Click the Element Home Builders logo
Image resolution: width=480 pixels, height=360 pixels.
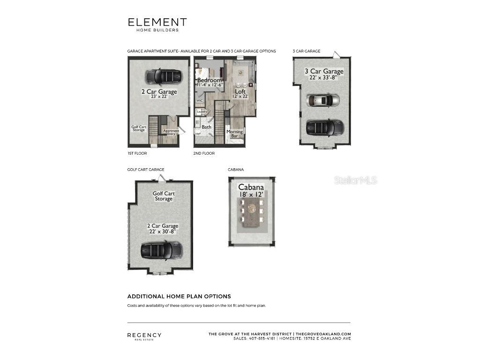[x=157, y=24]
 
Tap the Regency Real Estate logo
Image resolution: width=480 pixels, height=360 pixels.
[x=144, y=336]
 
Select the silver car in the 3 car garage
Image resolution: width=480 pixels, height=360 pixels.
[x=323, y=100]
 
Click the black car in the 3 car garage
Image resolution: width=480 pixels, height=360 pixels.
[x=324, y=127]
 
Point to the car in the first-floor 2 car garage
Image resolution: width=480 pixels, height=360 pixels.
[x=163, y=76]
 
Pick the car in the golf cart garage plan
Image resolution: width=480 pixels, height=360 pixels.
[x=161, y=250]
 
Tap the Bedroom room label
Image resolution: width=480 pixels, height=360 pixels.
[x=209, y=80]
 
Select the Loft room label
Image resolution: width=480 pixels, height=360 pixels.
[x=240, y=91]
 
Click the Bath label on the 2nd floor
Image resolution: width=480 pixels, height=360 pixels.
[x=206, y=127]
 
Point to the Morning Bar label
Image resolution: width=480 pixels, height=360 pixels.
[x=235, y=134]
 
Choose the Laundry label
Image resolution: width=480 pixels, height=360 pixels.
[x=202, y=112]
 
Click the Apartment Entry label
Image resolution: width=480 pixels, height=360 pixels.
[x=171, y=132]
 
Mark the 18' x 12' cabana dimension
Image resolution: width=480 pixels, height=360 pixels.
[x=252, y=194]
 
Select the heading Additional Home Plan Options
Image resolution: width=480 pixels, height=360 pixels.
[x=179, y=296]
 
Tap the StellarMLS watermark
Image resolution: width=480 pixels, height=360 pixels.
[x=355, y=180]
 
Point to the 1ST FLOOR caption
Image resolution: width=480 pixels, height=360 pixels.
[x=135, y=153]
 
